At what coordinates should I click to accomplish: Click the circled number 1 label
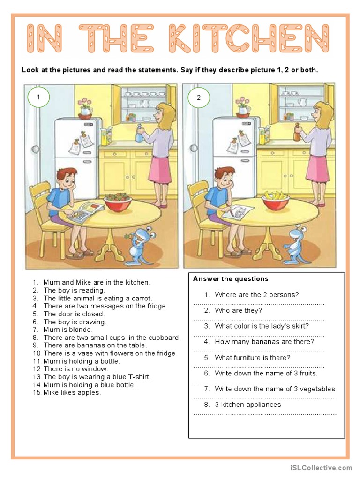tap(38, 97)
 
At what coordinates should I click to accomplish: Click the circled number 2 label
tap(198, 97)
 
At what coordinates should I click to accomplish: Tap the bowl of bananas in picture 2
tap(275, 200)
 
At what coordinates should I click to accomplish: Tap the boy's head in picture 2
tap(225, 178)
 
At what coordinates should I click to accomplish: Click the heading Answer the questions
tap(231, 279)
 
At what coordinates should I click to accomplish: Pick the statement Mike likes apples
tap(72, 393)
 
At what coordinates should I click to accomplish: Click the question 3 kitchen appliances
tap(247, 405)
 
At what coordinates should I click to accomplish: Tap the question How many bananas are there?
tap(264, 342)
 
